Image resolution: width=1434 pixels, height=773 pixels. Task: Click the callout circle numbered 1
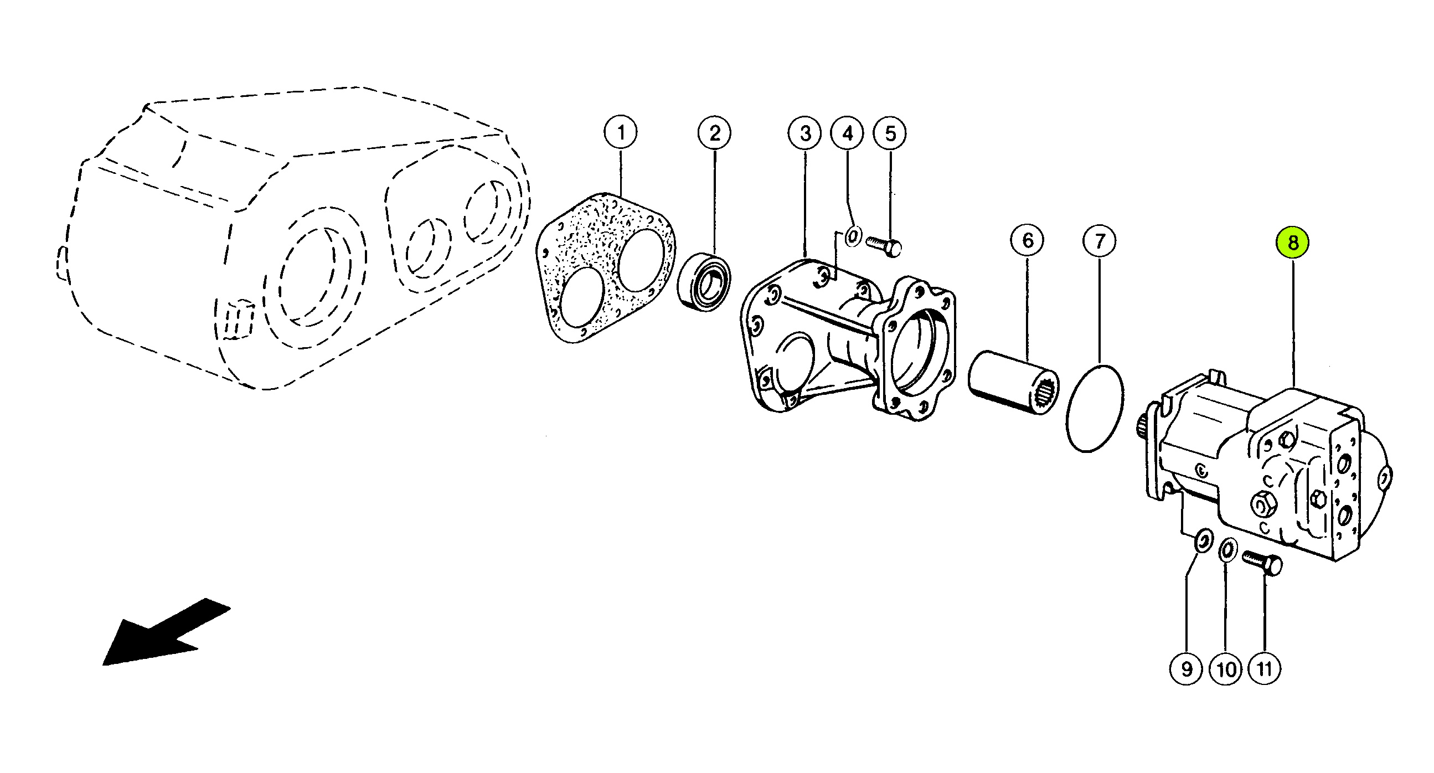(621, 132)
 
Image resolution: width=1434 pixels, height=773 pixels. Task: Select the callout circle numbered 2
(715, 133)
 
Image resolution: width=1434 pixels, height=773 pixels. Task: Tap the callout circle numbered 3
(805, 133)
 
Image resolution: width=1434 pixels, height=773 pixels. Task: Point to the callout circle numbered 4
(847, 133)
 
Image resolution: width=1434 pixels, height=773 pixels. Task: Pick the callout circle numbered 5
(890, 133)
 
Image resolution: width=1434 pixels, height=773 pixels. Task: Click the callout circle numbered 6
(1028, 240)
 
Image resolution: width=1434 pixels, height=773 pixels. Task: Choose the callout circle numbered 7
(1100, 241)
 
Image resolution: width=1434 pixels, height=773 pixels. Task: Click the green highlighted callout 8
(1293, 243)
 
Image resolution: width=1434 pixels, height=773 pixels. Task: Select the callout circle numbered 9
(1187, 668)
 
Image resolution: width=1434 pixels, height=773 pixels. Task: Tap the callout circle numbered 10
(1226, 668)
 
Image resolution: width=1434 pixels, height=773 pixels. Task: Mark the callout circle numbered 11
(1264, 668)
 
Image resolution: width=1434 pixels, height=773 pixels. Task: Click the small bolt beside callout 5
(883, 246)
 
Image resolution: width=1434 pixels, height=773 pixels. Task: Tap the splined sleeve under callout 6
(1013, 382)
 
